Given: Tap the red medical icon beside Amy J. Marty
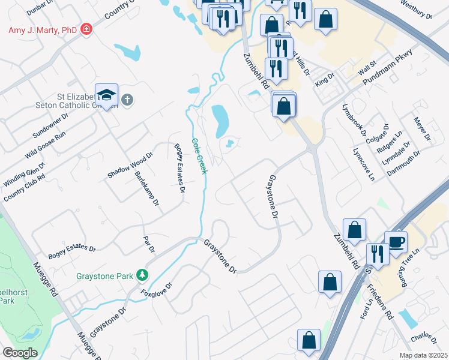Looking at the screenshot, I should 87,29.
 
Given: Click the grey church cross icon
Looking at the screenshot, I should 127,100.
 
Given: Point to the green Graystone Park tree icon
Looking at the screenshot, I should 142,275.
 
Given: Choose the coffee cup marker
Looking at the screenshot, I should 396,242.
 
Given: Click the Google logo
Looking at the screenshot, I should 20,352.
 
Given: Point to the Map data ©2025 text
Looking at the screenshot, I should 423,355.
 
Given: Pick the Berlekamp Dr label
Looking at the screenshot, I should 147,188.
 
